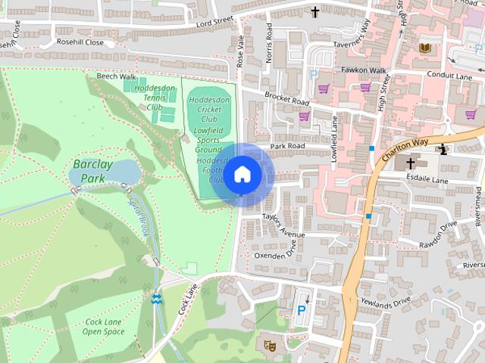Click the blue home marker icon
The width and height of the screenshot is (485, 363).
[x=242, y=174]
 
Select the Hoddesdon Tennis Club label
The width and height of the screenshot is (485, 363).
[x=149, y=98]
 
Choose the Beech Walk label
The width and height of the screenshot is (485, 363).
[x=116, y=76]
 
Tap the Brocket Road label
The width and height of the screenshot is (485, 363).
[x=286, y=98]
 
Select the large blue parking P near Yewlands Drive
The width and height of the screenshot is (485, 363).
[x=302, y=310]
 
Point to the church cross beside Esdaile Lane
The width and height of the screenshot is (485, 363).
[x=411, y=163]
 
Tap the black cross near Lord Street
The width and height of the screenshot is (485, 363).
[x=314, y=11]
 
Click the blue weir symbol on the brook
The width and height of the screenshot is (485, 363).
[x=156, y=299]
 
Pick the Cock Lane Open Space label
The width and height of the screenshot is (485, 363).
[x=104, y=327]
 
